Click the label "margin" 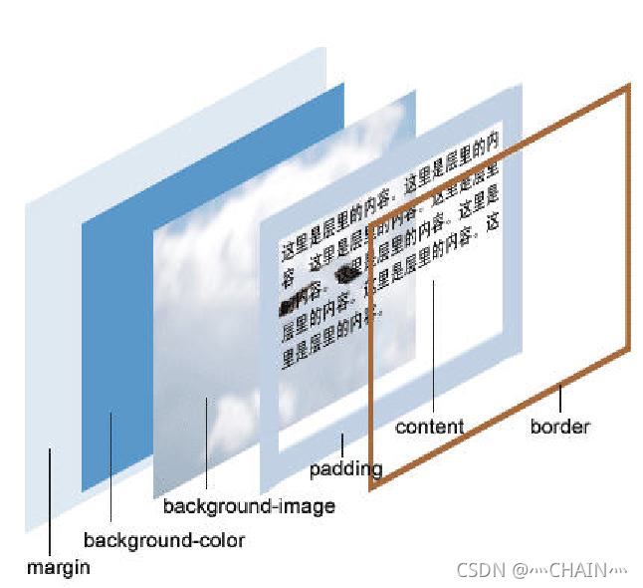59,568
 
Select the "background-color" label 163,541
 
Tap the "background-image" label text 249,506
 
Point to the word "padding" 345,468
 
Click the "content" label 429,427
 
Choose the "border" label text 559,427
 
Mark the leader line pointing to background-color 110,468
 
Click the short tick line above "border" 560,400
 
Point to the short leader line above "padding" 341,444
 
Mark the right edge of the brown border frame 629,219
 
